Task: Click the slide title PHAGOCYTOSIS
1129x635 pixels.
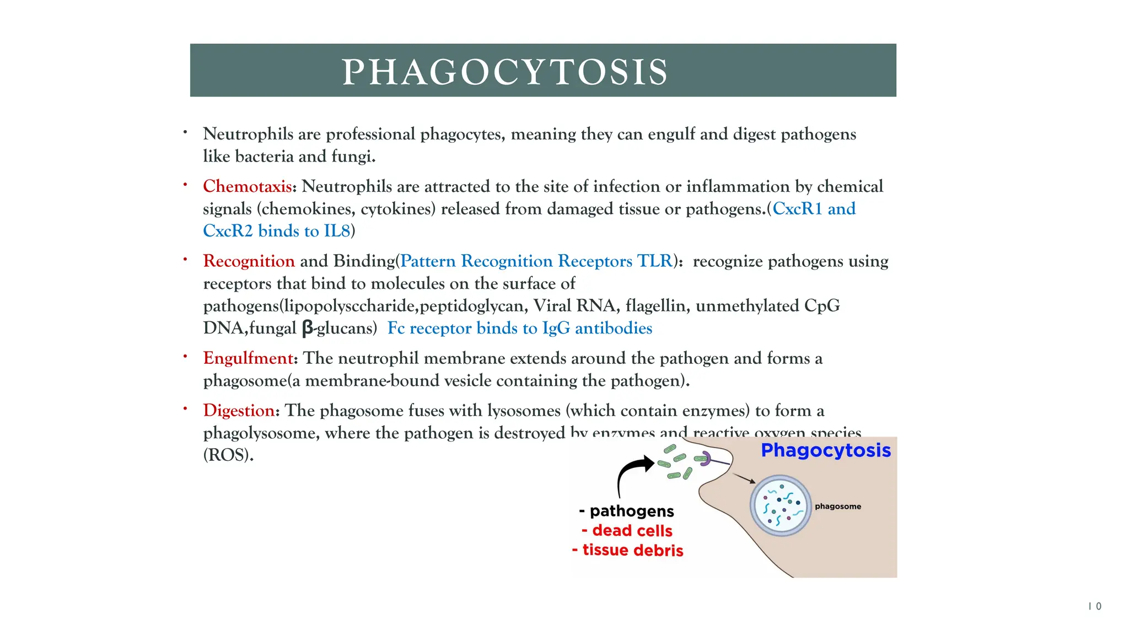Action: [x=504, y=72]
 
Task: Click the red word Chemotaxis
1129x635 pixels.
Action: [x=247, y=186]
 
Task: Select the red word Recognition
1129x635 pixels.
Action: [x=249, y=261]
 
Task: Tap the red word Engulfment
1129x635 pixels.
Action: [x=248, y=358]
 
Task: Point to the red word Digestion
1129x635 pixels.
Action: [x=239, y=411]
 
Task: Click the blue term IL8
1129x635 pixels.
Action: [x=337, y=231]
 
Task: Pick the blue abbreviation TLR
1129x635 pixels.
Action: [x=654, y=261]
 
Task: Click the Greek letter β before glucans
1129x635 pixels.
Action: [x=307, y=329]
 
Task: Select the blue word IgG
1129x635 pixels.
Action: [x=556, y=329]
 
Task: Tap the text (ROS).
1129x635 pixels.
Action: [x=228, y=455]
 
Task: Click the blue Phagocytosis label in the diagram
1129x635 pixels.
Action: [x=825, y=450]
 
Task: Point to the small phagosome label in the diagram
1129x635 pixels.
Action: [x=837, y=507]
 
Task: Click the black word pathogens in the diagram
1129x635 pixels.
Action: [x=632, y=512]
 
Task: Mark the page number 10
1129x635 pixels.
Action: [x=1094, y=606]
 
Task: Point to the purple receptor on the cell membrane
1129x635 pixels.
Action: [x=706, y=459]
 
